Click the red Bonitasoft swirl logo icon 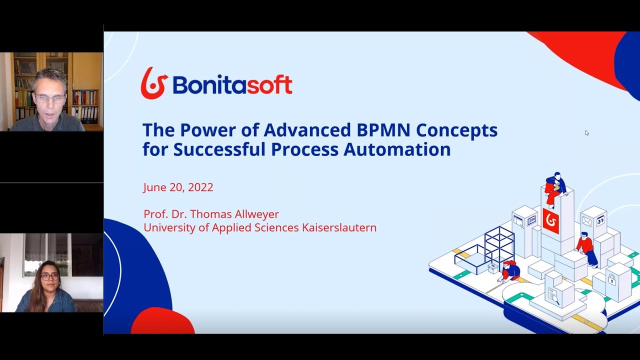tap(153, 83)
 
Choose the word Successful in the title tap(222, 149)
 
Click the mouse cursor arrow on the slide tap(586, 132)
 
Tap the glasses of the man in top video tap(50, 98)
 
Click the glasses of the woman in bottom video tap(50, 275)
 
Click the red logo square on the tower tap(550, 220)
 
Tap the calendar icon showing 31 tap(599, 220)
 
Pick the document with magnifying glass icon tap(552, 295)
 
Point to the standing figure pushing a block tap(586, 248)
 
